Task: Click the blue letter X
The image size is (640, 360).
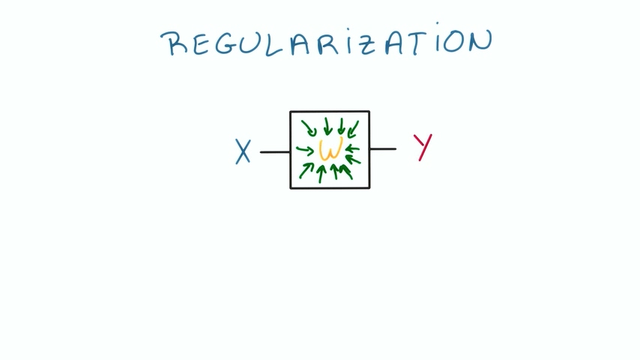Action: (x=243, y=151)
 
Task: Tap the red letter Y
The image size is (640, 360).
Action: (x=423, y=147)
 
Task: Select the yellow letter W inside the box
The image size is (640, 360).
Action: (x=330, y=149)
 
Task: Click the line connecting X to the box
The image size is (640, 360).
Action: (x=274, y=151)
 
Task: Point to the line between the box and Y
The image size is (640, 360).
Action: (x=383, y=148)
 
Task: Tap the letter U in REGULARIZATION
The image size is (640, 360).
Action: (x=253, y=43)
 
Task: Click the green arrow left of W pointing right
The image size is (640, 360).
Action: (x=305, y=149)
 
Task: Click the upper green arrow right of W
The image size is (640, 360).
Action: (x=352, y=148)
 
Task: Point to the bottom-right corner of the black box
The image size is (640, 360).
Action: (x=369, y=187)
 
